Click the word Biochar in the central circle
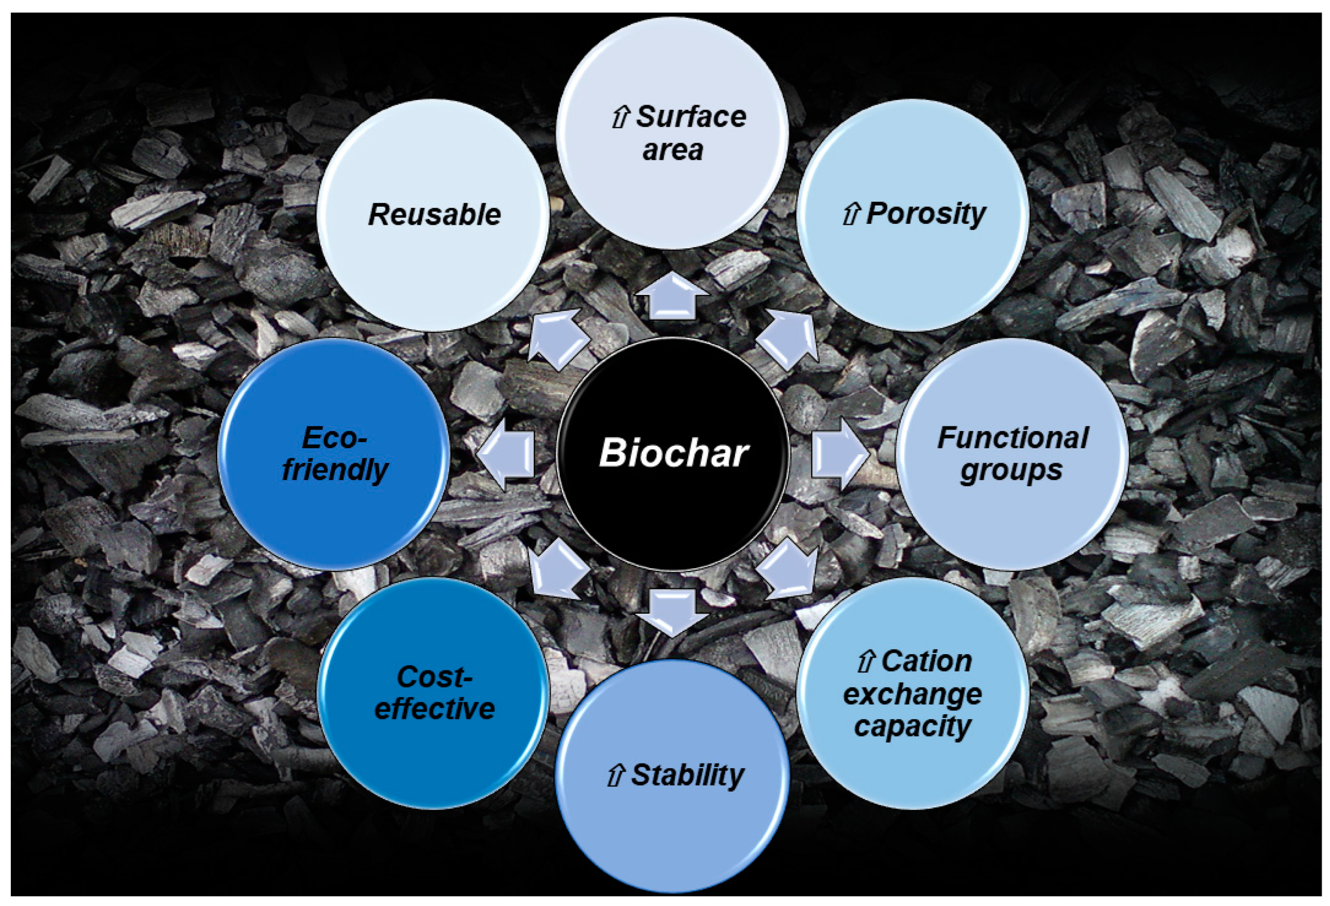[673, 453]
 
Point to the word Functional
[1012, 438]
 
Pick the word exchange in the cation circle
[912, 694]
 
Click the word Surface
[691, 117]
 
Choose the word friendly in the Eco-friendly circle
[335, 470]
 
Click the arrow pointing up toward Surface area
[673, 296]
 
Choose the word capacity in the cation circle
[912, 726]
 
